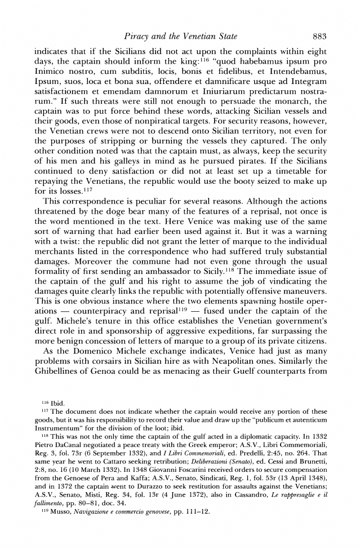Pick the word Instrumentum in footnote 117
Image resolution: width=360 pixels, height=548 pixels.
(x=55, y=475)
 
